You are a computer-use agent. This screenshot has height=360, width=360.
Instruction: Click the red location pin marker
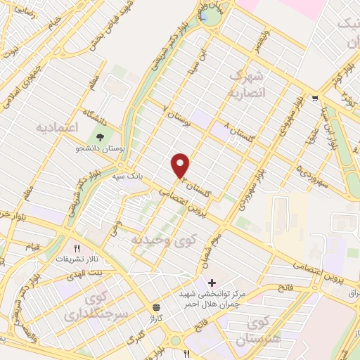[181, 165]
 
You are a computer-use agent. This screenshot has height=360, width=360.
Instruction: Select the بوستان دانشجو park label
[98, 150]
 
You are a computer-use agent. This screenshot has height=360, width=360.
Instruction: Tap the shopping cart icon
[314, 99]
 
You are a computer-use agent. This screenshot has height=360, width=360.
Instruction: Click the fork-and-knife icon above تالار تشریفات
[79, 247]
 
